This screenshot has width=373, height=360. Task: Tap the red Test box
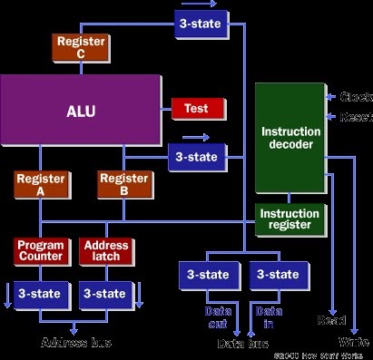click(x=198, y=109)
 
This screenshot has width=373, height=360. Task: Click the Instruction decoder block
click(x=290, y=138)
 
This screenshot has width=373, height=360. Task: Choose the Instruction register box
click(x=290, y=219)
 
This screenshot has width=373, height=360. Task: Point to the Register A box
click(x=39, y=185)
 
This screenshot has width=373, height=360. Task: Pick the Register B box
click(x=123, y=185)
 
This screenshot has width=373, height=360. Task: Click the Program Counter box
click(x=39, y=249)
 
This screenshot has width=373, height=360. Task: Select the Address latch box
click(x=106, y=249)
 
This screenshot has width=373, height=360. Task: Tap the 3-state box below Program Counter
click(x=39, y=293)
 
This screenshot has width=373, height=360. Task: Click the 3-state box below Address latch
click(x=106, y=293)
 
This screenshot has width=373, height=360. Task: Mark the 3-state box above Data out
click(x=208, y=274)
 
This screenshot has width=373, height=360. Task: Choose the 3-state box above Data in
click(x=273, y=274)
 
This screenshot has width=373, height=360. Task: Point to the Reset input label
click(x=353, y=117)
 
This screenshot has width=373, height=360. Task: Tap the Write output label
click(x=353, y=342)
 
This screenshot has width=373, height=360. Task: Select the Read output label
click(x=329, y=320)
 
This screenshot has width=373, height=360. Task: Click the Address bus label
click(x=75, y=343)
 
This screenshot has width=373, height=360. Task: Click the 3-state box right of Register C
click(x=201, y=24)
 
